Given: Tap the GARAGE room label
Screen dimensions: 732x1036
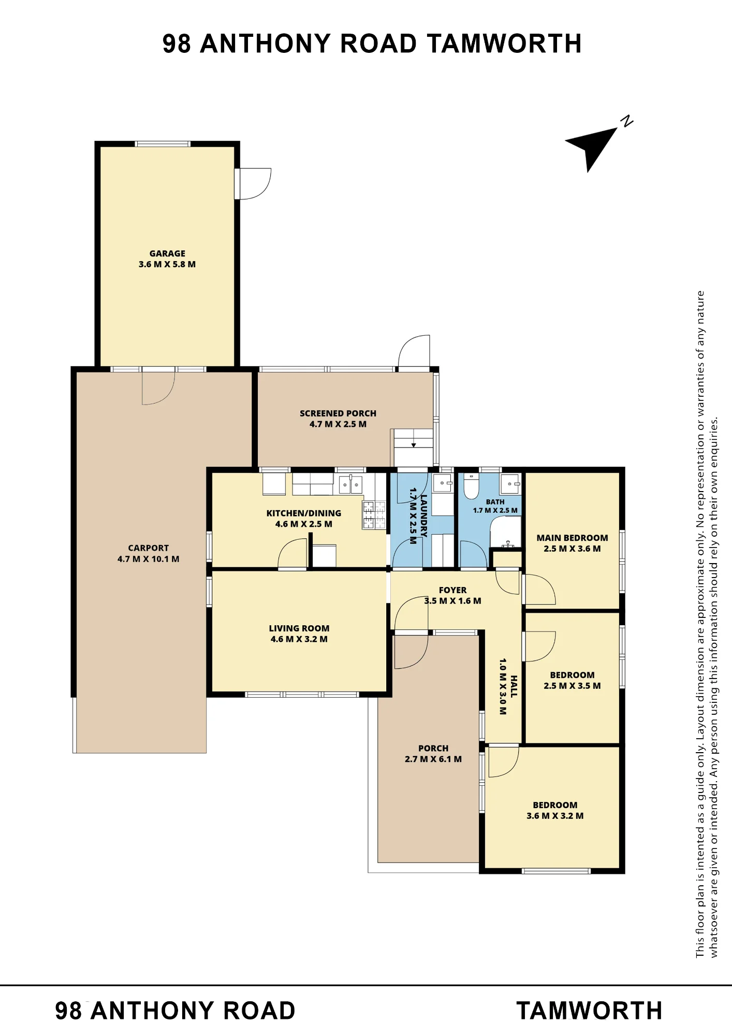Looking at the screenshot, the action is coord(167,253).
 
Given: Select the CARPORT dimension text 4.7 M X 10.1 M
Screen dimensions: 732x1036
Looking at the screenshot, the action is coord(149,559).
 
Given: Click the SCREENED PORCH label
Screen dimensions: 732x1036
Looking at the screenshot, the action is coord(338,413).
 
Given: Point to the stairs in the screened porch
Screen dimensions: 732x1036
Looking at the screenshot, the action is coord(413,448).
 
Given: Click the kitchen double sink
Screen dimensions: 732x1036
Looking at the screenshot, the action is coord(351,485).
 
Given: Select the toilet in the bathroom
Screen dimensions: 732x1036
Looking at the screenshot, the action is coord(471,485).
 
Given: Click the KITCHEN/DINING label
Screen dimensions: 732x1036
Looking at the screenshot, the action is coord(304,513).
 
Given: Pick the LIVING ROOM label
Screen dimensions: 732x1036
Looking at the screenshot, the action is coord(299,628).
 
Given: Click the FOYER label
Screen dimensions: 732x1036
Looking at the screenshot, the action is coord(453,590).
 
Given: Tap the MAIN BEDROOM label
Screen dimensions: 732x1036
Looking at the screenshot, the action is coord(572,538).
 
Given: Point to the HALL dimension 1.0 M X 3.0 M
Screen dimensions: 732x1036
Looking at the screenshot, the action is coord(503,687).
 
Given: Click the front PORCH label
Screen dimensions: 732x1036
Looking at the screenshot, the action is coord(433,749).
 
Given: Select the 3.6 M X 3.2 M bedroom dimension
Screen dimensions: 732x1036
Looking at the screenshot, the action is coord(555,816).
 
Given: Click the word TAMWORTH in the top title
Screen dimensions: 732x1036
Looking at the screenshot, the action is coord(505,44).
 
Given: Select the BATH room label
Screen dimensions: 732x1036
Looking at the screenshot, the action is coord(495,502).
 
